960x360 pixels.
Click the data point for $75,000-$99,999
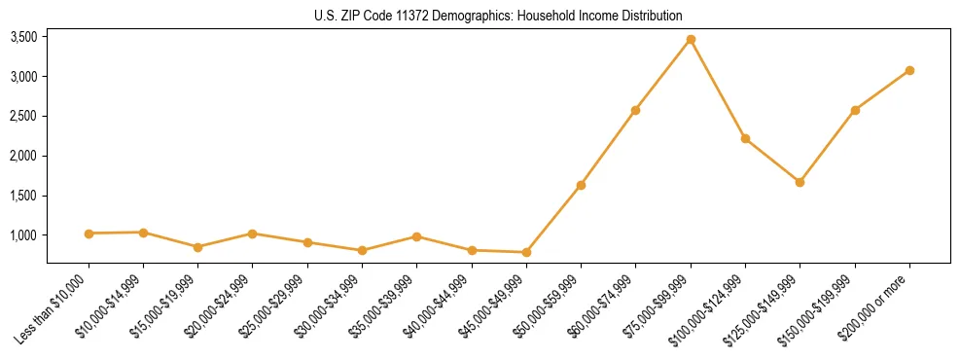[x=691, y=40]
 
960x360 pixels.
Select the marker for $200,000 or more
[x=909, y=70]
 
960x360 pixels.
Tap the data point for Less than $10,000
[x=89, y=234]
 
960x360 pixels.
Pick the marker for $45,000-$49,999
[x=526, y=252]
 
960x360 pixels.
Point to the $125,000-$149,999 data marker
[x=800, y=182]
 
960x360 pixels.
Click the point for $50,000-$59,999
[x=581, y=185]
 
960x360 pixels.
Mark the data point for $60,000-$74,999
[x=635, y=110]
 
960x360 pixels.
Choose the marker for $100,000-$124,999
[x=745, y=138]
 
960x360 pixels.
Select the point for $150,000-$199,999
[x=855, y=110]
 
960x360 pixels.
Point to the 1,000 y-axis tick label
[x=23, y=235]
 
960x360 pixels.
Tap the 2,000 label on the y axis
[x=23, y=156]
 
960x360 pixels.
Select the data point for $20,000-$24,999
[x=252, y=234]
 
